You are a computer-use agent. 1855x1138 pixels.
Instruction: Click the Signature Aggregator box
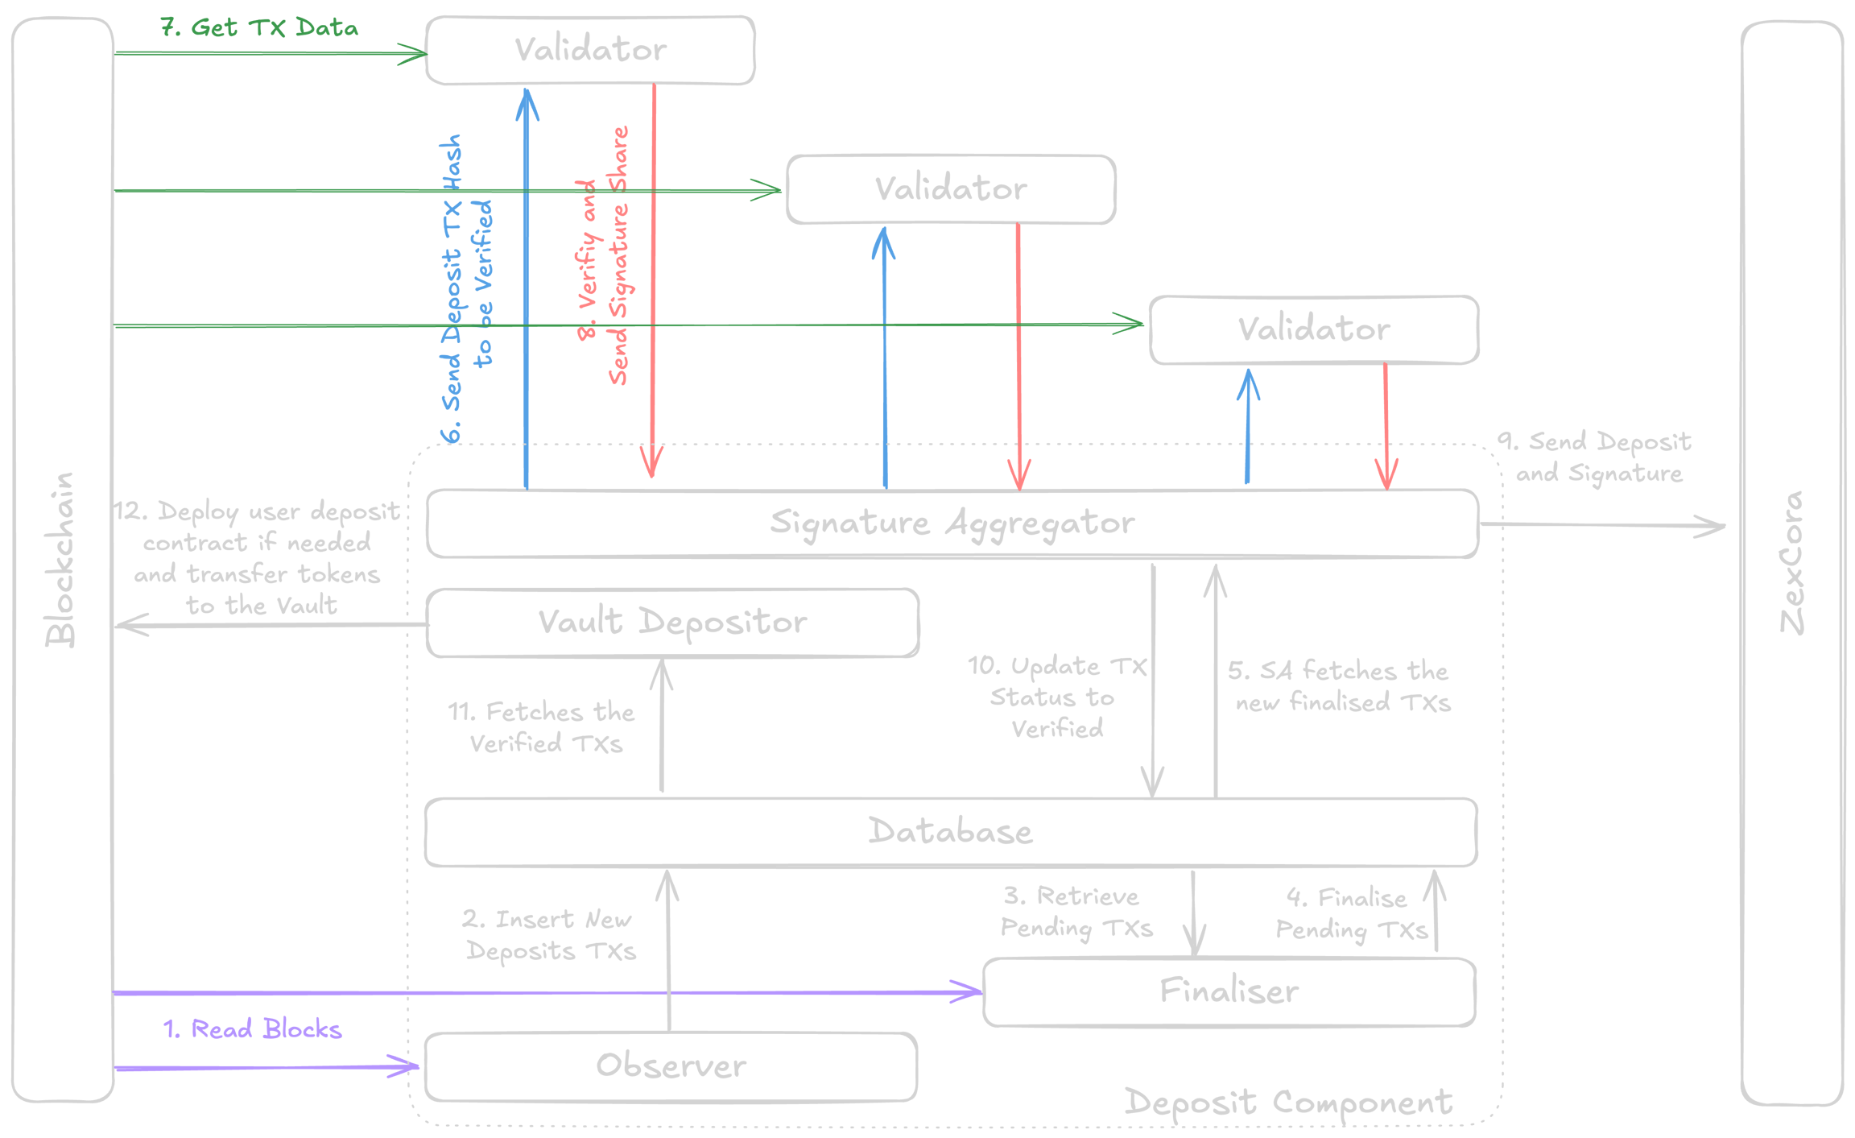point(952,523)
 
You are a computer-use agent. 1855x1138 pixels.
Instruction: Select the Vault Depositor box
point(671,623)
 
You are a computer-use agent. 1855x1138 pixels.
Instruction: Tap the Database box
point(950,832)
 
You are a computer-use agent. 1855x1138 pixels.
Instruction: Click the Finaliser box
point(1229,991)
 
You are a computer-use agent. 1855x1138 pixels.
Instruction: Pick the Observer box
point(671,1066)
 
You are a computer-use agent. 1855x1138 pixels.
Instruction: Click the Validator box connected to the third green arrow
point(1313,329)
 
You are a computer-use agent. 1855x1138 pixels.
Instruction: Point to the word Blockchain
point(60,560)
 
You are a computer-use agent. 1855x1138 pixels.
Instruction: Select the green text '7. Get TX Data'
point(259,28)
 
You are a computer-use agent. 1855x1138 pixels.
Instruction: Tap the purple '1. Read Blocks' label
point(253,1029)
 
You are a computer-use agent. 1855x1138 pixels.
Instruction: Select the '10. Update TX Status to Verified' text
point(1056,697)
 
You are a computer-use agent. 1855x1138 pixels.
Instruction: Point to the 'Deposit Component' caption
point(1288,1102)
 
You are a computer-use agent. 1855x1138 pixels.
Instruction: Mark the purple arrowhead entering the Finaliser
point(971,991)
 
